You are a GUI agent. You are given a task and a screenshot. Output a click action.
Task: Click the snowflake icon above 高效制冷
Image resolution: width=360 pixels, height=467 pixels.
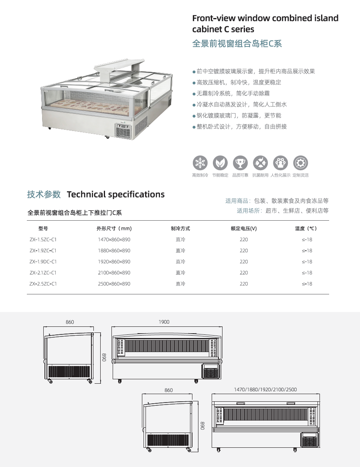click(200, 163)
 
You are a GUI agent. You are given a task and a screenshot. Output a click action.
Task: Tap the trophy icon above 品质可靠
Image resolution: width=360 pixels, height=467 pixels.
click(240, 163)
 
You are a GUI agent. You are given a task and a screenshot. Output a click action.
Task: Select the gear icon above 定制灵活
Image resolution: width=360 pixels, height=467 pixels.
click(300, 163)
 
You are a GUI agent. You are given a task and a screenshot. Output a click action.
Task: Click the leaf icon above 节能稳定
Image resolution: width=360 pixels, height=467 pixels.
click(220, 163)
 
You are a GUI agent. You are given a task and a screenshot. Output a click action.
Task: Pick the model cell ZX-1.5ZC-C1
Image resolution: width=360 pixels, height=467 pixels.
click(43, 240)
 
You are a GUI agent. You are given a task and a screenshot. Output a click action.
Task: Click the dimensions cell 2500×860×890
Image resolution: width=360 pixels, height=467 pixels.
click(114, 284)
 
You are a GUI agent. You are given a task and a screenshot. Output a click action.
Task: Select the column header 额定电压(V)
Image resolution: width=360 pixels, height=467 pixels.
click(243, 229)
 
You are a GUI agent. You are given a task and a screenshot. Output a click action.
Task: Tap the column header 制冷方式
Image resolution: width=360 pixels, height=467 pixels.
click(180, 229)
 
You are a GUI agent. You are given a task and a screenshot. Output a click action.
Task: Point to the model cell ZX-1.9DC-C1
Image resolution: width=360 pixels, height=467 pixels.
click(43, 262)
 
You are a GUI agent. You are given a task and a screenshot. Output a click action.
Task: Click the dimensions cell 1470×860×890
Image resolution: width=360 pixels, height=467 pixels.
click(114, 240)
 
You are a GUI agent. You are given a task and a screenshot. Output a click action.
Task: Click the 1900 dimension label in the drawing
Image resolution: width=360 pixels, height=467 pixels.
click(164, 322)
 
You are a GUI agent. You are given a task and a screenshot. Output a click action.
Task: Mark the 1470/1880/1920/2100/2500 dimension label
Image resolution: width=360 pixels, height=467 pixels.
click(265, 389)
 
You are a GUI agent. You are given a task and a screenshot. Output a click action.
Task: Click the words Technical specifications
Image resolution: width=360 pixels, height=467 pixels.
click(115, 195)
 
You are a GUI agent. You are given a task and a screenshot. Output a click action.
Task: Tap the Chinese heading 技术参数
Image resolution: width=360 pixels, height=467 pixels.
click(44, 195)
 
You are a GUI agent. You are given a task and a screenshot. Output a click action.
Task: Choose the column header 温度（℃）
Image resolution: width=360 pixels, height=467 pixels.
click(306, 229)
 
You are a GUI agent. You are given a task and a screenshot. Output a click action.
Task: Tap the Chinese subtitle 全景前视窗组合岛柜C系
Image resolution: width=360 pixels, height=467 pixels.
click(237, 44)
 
